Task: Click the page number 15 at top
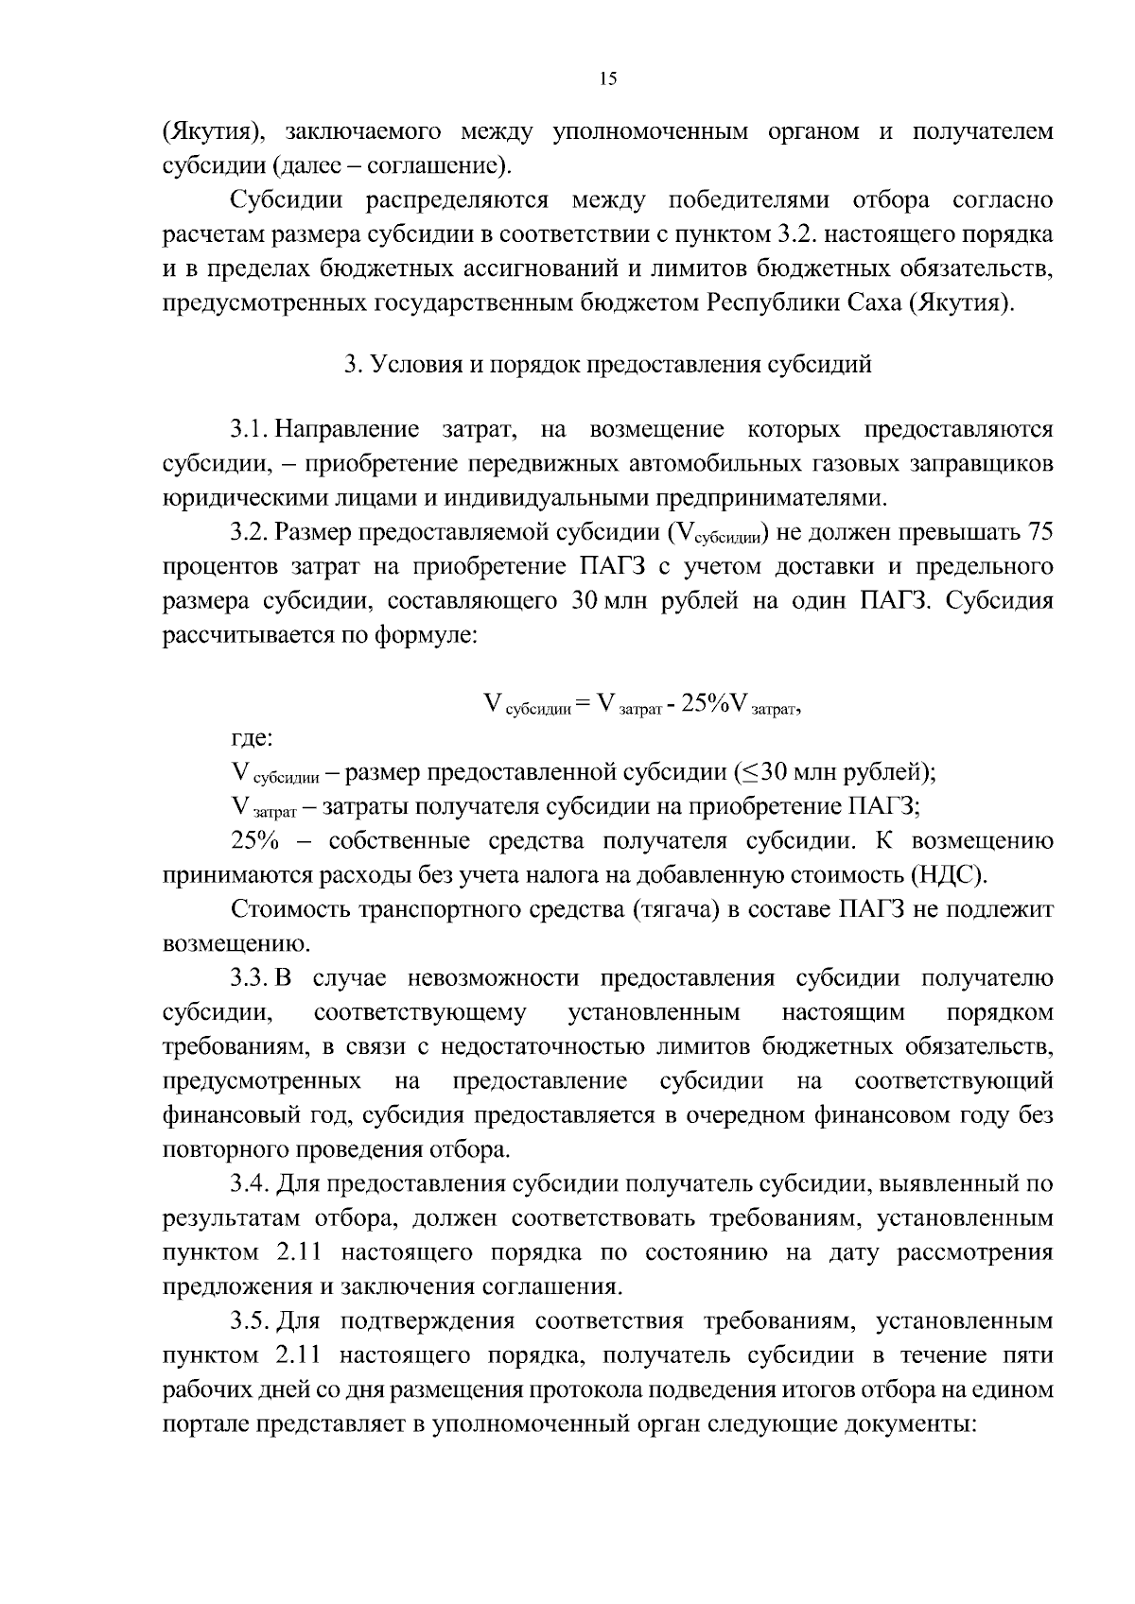(x=607, y=79)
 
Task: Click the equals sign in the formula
(x=582, y=702)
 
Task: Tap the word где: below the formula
(x=253, y=738)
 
